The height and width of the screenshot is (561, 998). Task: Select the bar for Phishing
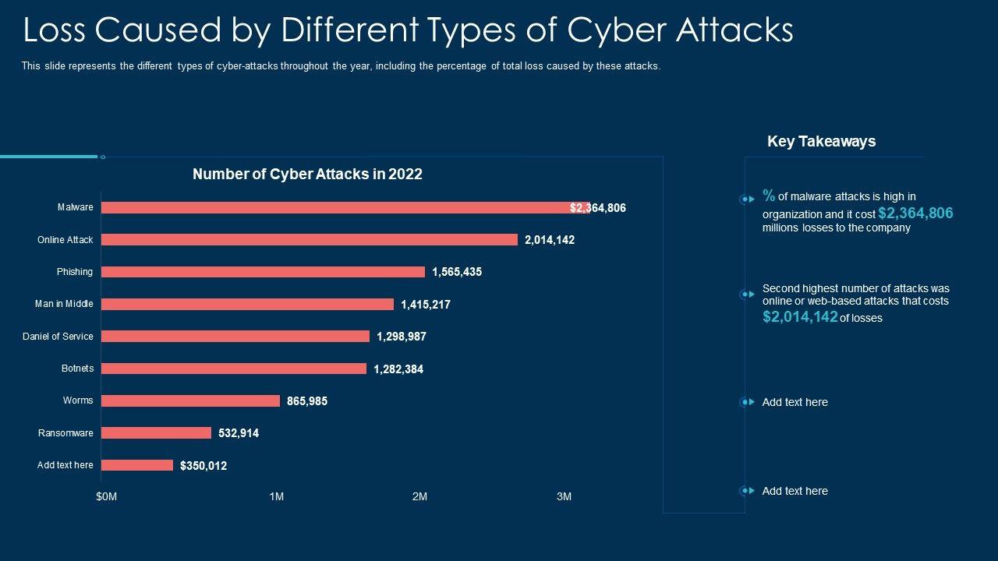(263, 272)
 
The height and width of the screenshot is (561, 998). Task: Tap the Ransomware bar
(156, 433)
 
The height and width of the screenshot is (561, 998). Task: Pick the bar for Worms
(190, 400)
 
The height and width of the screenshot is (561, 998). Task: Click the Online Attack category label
(65, 240)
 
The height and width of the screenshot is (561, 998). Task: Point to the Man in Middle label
(64, 304)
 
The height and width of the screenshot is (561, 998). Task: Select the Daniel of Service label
(58, 337)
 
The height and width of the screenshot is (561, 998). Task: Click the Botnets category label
(77, 369)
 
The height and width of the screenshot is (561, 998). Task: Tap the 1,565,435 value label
(457, 272)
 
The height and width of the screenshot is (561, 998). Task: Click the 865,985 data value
(307, 401)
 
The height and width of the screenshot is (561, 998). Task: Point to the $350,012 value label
(203, 466)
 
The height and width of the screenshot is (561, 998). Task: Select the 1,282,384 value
(398, 369)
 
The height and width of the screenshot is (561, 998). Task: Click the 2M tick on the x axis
(419, 496)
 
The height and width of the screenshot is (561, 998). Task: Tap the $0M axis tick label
(107, 496)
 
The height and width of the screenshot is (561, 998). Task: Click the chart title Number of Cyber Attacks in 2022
(307, 175)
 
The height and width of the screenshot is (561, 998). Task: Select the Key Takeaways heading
(821, 141)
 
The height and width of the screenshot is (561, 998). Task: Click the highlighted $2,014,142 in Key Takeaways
(800, 316)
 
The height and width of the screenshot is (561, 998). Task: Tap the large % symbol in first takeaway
(769, 196)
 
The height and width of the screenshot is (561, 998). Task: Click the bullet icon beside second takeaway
(747, 295)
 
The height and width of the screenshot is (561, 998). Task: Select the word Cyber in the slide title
(616, 30)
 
